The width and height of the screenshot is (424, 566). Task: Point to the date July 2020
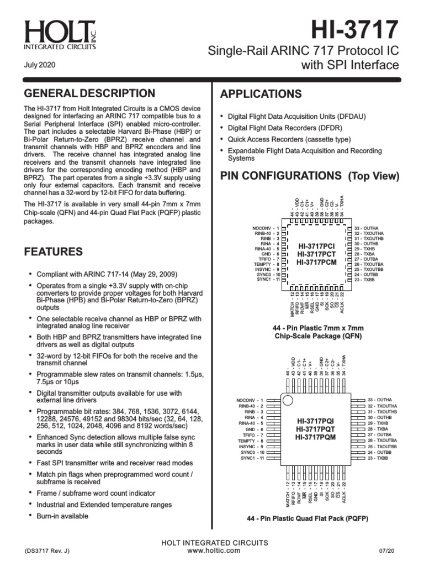pyautogui.click(x=39, y=65)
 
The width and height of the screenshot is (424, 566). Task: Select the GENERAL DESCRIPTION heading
pyautogui.click(x=89, y=93)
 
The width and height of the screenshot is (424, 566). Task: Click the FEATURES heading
pyautogui.click(x=54, y=252)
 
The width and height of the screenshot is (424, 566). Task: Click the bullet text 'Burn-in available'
pyautogui.click(x=62, y=516)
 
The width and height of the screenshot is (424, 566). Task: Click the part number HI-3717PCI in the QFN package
pyautogui.click(x=316, y=245)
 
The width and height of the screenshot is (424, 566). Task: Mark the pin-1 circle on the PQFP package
pyautogui.click(x=287, y=399)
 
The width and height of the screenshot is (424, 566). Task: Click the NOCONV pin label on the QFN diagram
pyautogui.click(x=262, y=228)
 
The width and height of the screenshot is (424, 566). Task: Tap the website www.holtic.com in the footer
pyautogui.click(x=214, y=551)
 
